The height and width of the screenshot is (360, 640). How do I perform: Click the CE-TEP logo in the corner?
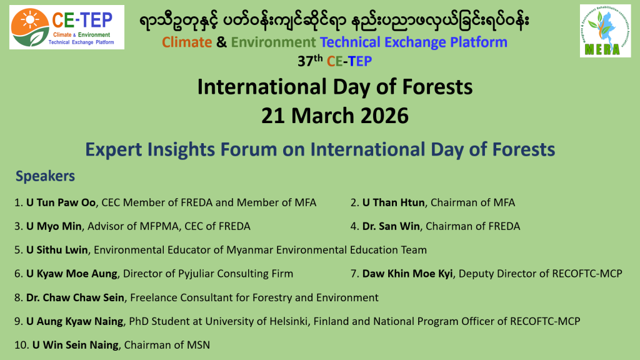point(66,27)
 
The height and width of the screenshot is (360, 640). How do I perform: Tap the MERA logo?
point(605,31)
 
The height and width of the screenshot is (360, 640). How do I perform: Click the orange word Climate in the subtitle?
point(187,42)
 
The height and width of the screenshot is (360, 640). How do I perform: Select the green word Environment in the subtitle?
point(274,42)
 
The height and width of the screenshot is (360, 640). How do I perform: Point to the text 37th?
point(310,61)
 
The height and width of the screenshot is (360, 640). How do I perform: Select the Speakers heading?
point(45,176)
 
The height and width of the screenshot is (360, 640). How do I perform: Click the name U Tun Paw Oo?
point(61,202)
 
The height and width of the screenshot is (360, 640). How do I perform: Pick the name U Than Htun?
point(394,202)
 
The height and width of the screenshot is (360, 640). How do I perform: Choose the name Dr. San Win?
point(391,226)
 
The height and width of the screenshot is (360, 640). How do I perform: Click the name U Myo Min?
point(54,226)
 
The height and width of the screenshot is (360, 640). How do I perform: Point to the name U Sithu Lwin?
point(57,250)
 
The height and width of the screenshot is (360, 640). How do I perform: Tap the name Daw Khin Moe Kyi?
point(407,274)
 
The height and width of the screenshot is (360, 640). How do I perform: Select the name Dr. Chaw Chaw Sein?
point(75,297)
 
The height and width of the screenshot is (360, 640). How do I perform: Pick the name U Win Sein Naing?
point(76,345)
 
